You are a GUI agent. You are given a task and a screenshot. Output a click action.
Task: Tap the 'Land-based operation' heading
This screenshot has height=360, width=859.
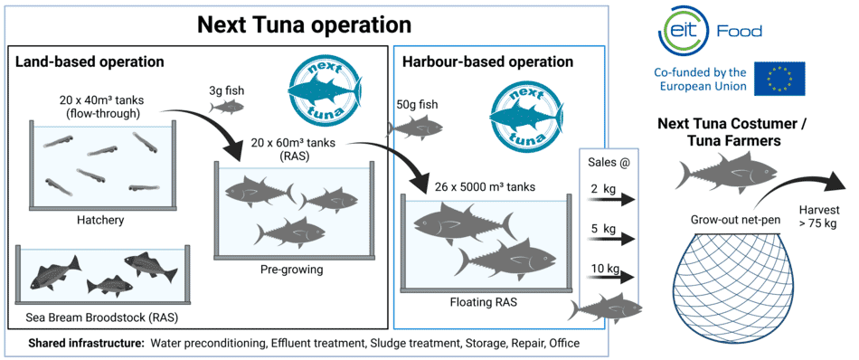tap(90, 62)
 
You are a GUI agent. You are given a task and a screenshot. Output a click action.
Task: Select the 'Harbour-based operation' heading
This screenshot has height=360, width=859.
tap(487, 62)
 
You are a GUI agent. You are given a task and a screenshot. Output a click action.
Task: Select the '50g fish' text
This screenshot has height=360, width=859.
tap(417, 104)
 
